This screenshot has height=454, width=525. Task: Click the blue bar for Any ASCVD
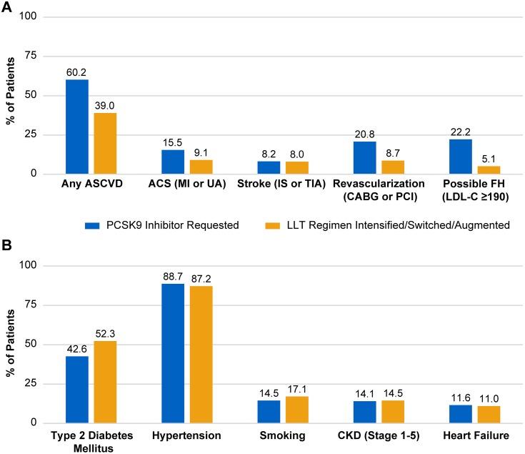[77, 127]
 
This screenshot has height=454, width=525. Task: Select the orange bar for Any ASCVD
[105, 143]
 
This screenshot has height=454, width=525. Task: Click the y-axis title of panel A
[11, 95]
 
